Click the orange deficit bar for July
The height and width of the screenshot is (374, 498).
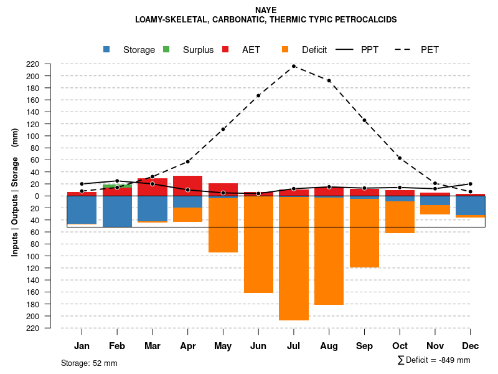click(x=294, y=259)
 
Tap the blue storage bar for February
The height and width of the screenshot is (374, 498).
click(x=117, y=211)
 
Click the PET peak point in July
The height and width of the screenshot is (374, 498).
click(x=294, y=66)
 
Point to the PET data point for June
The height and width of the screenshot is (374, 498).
click(x=258, y=95)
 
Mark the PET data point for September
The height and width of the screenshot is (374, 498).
click(x=364, y=120)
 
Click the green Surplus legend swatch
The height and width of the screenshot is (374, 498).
click(x=166, y=50)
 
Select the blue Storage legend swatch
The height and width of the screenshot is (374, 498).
click(x=107, y=50)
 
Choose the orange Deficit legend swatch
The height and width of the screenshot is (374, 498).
click(x=285, y=50)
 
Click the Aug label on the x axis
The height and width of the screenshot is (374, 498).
click(x=329, y=346)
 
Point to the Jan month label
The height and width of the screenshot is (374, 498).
click(x=82, y=346)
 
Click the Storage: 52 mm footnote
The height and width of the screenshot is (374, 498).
click(x=89, y=363)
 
